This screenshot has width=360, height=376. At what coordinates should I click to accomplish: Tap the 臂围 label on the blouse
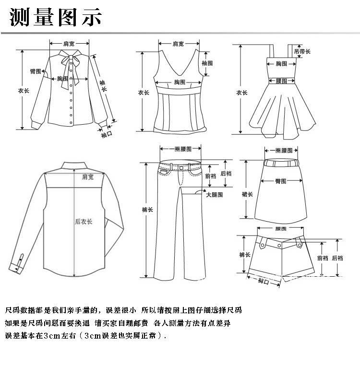point(36,71)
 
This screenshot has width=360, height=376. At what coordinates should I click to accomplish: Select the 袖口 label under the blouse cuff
point(107,135)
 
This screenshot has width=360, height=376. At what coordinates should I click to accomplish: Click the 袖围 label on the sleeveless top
point(207,63)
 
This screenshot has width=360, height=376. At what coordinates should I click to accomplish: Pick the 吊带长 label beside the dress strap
point(302,51)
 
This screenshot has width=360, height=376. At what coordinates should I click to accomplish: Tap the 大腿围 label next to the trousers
point(215,195)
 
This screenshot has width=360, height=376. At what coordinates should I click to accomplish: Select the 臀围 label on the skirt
point(281,181)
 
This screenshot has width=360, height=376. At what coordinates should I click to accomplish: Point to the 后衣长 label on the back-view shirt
point(84,222)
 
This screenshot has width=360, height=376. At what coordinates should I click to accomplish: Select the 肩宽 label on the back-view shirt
point(87,177)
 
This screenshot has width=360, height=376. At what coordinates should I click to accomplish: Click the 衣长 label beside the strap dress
point(241,93)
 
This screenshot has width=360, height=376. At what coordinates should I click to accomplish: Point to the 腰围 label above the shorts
point(281,229)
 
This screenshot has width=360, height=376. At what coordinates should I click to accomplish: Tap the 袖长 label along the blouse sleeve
point(103,86)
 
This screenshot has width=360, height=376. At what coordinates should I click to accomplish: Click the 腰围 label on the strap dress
point(281,81)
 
